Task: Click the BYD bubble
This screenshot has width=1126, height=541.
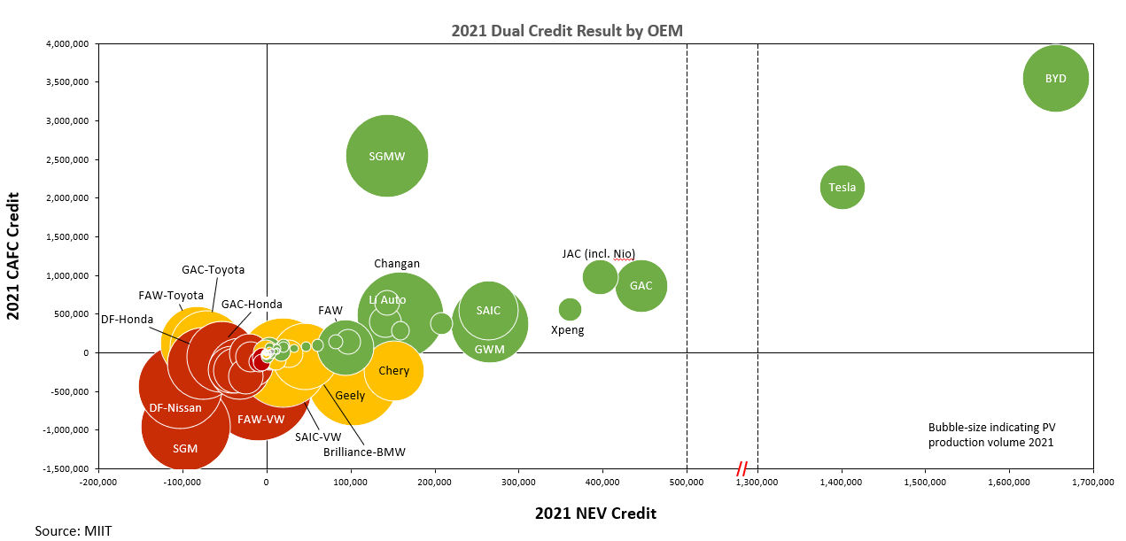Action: pyautogui.click(x=1055, y=78)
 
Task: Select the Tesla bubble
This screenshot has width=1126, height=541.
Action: pyautogui.click(x=842, y=187)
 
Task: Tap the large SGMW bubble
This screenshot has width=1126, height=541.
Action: pyautogui.click(x=387, y=156)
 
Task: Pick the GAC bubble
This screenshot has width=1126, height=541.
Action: pyautogui.click(x=641, y=286)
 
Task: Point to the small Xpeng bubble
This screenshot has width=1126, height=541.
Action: pyautogui.click(x=570, y=309)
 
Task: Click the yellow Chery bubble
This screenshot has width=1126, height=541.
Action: pyautogui.click(x=393, y=371)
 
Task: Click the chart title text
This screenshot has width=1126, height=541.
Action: pyautogui.click(x=567, y=30)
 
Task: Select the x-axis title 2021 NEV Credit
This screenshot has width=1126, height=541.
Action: pyautogui.click(x=595, y=514)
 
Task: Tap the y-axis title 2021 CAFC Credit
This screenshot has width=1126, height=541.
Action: pyautogui.click(x=15, y=256)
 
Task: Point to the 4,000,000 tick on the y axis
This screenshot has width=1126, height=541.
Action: pyautogui.click(x=72, y=43)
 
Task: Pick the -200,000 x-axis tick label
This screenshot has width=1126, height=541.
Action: pyautogui.click(x=98, y=483)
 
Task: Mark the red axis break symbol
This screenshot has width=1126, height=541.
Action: pyautogui.click(x=742, y=468)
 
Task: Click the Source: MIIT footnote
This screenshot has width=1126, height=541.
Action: pyautogui.click(x=74, y=530)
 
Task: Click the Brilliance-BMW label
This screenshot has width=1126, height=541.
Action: pyautogui.click(x=364, y=452)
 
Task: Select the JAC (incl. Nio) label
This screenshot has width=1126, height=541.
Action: pyautogui.click(x=599, y=253)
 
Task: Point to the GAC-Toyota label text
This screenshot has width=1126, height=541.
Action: pyautogui.click(x=213, y=269)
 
